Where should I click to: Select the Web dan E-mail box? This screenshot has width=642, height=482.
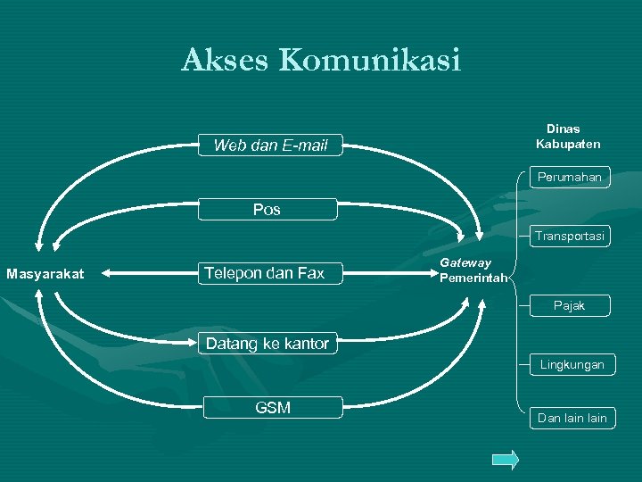pyautogui.click(x=269, y=145)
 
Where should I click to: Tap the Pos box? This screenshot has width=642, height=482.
pyautogui.click(x=267, y=210)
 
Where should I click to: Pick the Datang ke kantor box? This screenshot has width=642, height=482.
pyautogui.click(x=267, y=344)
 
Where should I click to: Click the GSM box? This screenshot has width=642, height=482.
pyautogui.click(x=272, y=408)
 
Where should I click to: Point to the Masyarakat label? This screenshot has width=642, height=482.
pyautogui.click(x=45, y=273)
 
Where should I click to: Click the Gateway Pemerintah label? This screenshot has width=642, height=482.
pyautogui.click(x=472, y=270)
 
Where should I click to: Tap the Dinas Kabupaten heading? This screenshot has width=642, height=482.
pyautogui.click(x=567, y=137)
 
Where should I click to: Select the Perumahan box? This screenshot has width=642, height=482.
pyautogui.click(x=569, y=178)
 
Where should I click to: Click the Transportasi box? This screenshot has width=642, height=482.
pyautogui.click(x=569, y=237)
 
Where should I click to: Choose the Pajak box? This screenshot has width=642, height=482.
pyautogui.click(x=569, y=305)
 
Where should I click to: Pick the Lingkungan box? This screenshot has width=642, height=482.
pyautogui.click(x=571, y=364)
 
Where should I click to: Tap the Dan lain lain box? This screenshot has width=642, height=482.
pyautogui.click(x=572, y=418)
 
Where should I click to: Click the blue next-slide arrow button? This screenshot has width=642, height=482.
pyautogui.click(x=505, y=460)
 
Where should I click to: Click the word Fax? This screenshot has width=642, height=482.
pyautogui.click(x=309, y=273)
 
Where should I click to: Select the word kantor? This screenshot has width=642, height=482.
pyautogui.click(x=306, y=344)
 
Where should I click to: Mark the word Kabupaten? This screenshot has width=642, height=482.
pyautogui.click(x=568, y=144)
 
